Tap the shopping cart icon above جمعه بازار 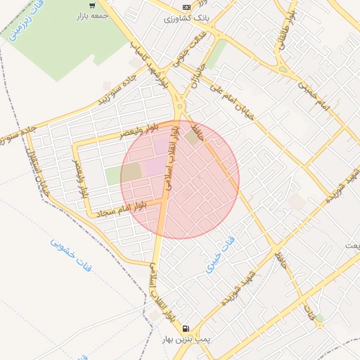tap(92, 6)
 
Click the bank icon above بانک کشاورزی tap(186, 6)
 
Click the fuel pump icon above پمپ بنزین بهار tap(186, 328)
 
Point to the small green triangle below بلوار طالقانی tap(283, 69)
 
